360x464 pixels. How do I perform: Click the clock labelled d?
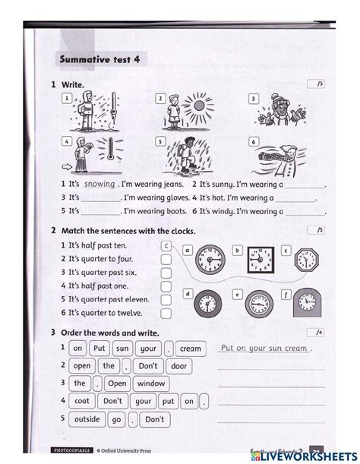tap(206, 305)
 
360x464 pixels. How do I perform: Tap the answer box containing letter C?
tap(166, 246)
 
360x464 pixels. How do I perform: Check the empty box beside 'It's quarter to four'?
tap(166, 259)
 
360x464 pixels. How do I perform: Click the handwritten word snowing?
tap(99, 184)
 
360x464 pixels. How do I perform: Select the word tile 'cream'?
tap(190, 349)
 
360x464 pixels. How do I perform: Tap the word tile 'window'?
tap(151, 384)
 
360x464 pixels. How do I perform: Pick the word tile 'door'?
tap(178, 366)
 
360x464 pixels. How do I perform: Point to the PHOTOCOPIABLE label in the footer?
tap(72, 450)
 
